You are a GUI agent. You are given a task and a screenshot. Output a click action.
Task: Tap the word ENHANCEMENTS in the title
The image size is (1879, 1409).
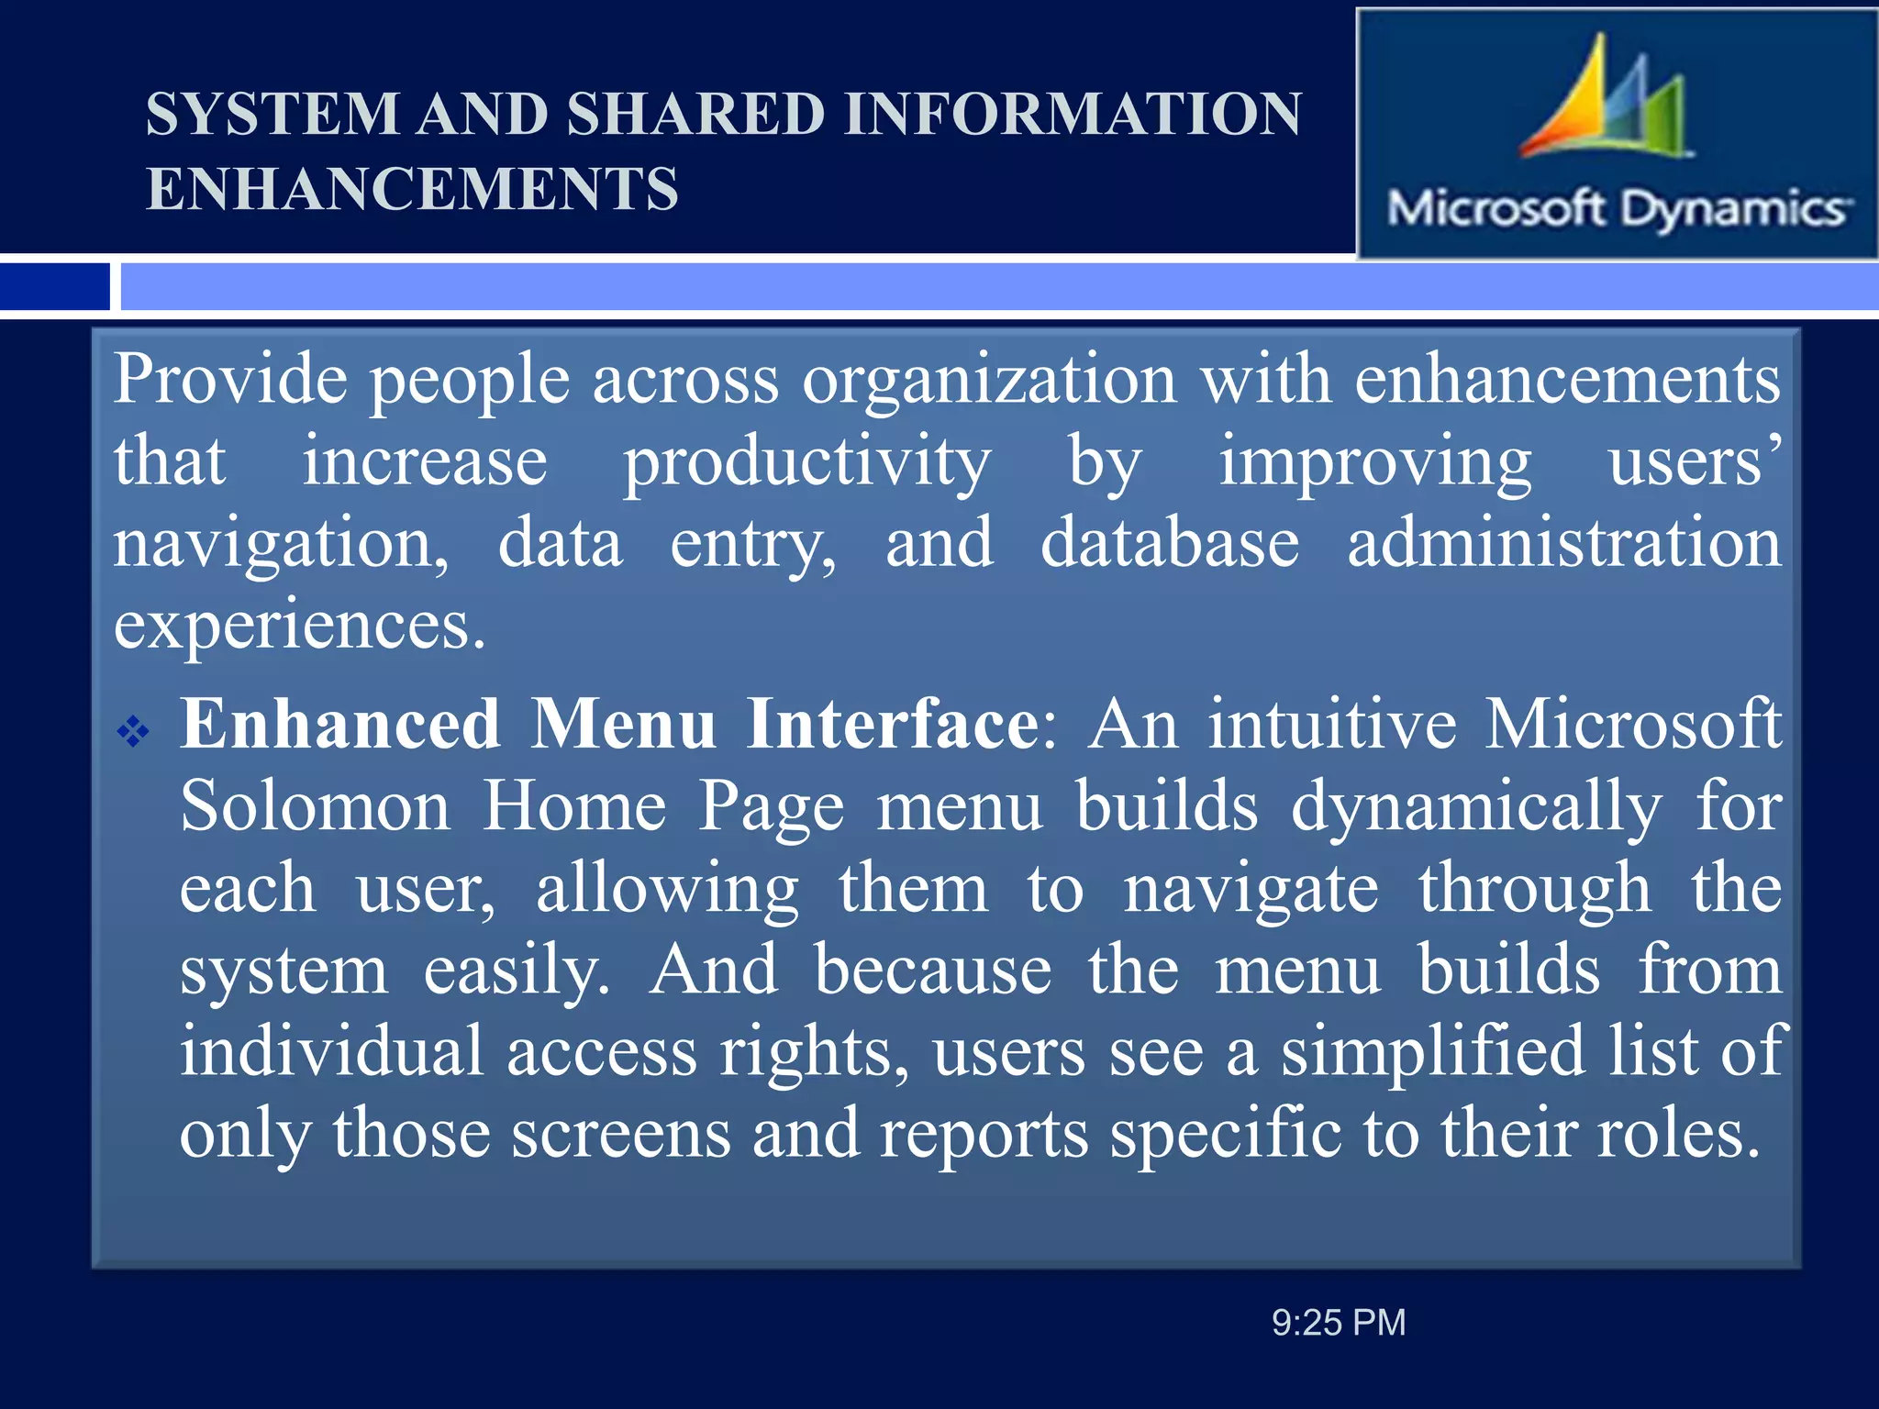point(412,189)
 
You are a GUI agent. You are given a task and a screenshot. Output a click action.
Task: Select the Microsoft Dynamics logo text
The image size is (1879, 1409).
point(1618,209)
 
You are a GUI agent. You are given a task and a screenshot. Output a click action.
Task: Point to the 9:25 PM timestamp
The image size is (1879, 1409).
point(1338,1323)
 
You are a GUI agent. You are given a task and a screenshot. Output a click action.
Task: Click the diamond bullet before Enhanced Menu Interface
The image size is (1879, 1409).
point(134,731)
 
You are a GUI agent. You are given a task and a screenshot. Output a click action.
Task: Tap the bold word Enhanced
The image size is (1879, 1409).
point(339,725)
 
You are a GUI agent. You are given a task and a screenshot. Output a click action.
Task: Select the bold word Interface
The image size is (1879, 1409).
point(893,725)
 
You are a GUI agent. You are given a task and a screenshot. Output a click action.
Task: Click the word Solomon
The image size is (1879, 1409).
point(315,806)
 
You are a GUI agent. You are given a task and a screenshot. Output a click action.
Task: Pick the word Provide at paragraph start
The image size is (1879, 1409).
point(230,380)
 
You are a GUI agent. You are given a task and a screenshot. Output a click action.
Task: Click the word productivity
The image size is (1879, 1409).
point(807,462)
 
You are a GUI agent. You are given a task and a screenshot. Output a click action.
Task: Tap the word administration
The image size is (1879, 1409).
point(1563,543)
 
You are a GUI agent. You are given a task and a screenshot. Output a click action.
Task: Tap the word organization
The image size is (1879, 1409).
point(989,380)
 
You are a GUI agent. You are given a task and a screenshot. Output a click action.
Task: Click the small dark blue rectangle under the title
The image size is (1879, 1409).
point(55,286)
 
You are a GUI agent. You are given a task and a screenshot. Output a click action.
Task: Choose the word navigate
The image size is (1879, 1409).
point(1251,889)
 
